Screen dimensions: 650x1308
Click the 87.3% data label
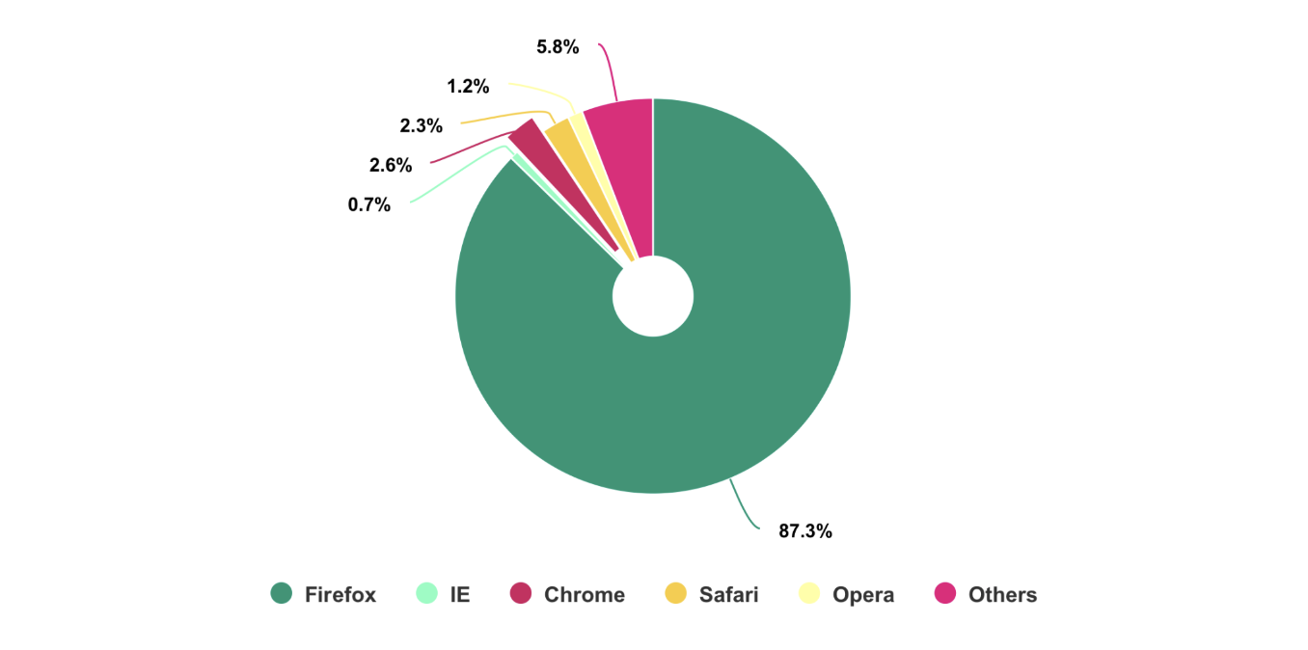click(805, 530)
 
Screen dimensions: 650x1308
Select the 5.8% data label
click(558, 46)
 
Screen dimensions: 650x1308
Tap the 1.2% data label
click(468, 87)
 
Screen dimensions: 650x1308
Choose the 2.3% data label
click(422, 125)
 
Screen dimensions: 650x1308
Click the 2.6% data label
click(391, 165)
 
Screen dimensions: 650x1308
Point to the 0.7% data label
click(369, 204)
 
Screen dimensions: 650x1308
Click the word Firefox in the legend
click(341, 595)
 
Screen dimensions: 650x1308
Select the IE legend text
click(460, 595)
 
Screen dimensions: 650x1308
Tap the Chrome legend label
click(585, 595)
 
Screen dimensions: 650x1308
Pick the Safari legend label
click(729, 595)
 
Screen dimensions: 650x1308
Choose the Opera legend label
click(863, 595)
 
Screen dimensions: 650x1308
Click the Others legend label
click(1003, 595)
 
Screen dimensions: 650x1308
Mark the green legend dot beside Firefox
click(282, 594)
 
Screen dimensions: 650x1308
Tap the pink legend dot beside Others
click(945, 594)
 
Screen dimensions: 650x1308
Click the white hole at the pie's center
click(653, 296)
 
